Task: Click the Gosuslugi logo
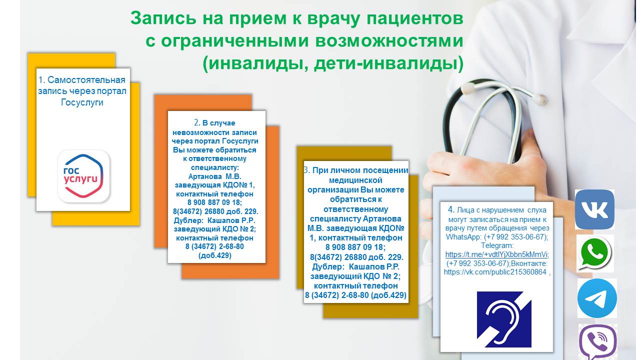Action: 83,176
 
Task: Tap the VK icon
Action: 594,209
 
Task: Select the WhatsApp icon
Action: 595,253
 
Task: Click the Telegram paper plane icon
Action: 597,298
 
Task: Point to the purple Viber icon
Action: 597,342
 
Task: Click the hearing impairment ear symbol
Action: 504,319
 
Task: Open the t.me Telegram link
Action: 497,254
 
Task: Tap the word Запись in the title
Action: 163,18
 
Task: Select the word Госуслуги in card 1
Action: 82,102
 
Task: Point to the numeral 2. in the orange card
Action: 197,123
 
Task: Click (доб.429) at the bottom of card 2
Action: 215,255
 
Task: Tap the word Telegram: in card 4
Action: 497,245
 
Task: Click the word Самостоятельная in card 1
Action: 86,80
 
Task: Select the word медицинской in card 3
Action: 355,180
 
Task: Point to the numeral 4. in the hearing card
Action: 451,209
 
